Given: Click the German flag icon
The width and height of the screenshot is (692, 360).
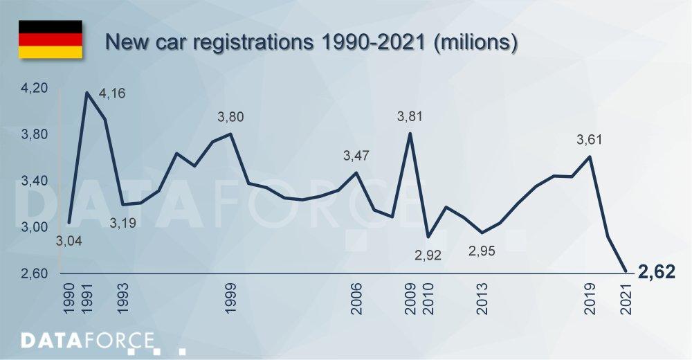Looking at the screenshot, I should coord(50,39).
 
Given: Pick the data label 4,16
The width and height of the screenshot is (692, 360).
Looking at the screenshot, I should coord(112,93).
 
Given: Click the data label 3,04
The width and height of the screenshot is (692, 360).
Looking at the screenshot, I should coord(66,243).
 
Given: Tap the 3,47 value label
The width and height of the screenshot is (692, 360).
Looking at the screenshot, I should coord(356,156).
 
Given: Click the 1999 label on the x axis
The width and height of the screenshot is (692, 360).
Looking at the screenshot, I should coord(231,298).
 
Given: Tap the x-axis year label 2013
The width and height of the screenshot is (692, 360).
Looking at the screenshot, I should coord(482,298).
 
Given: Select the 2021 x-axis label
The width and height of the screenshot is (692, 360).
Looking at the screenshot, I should coord(626,298).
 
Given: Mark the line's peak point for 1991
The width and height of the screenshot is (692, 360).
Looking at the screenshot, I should coord(87,92).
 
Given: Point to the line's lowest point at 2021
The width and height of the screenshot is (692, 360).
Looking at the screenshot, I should coord(626,271).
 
